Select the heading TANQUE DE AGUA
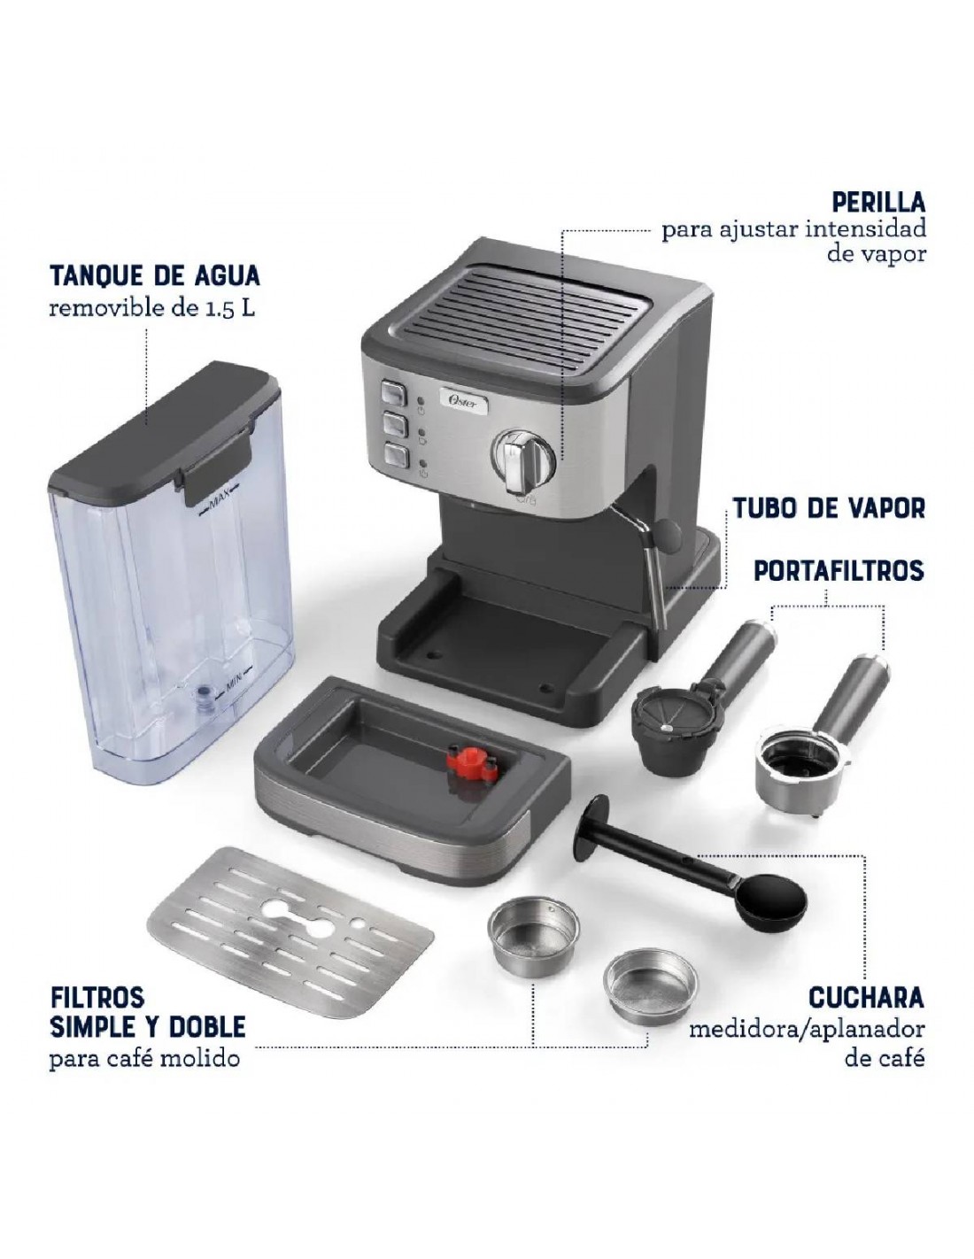155,275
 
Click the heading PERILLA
877,202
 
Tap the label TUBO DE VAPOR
829,507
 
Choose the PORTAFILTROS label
839,569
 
